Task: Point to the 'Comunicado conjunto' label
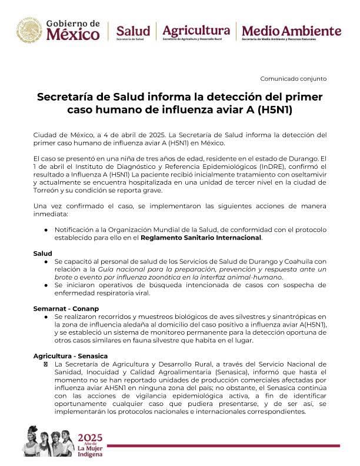pyautogui.click(x=293, y=79)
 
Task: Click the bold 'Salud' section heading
pyautogui.click(x=42, y=252)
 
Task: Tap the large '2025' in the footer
pyautogui.click(x=94, y=437)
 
